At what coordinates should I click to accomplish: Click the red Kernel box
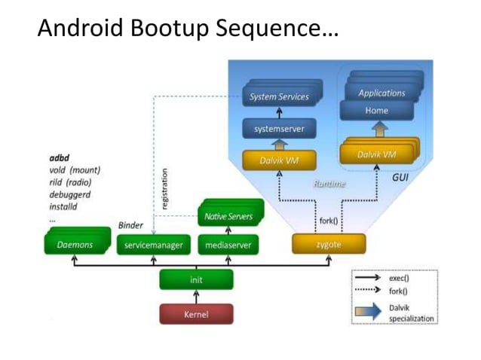tap(196, 314)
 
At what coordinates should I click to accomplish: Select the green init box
tap(196, 279)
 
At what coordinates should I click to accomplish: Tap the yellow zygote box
tap(329, 244)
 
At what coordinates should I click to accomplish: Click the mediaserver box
tap(228, 245)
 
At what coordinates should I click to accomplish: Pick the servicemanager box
tap(154, 245)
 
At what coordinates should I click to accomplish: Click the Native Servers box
tap(229, 217)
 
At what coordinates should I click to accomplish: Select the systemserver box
tap(279, 129)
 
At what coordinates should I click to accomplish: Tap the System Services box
tap(279, 97)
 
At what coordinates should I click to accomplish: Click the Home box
tap(376, 111)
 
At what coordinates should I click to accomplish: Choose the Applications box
tap(381, 93)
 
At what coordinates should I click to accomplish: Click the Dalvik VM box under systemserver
tap(279, 160)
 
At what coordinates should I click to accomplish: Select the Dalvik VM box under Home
tap(377, 154)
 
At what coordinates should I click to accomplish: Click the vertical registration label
tap(165, 188)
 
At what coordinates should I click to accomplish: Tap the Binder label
tap(130, 226)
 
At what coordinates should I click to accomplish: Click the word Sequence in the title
tap(267, 29)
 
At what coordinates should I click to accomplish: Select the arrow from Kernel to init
tap(196, 297)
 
